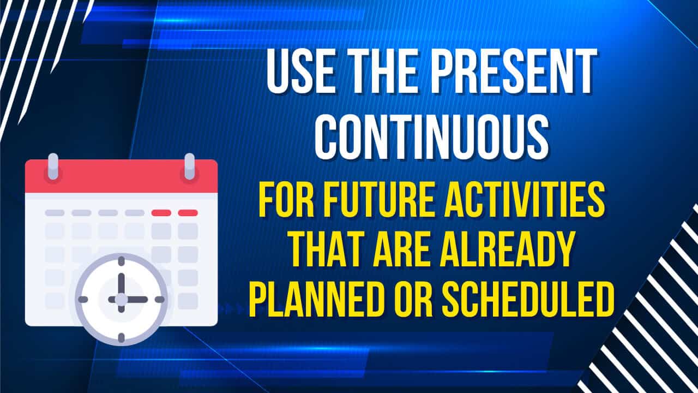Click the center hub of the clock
coord(121,299)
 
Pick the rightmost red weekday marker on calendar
coord(188,212)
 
